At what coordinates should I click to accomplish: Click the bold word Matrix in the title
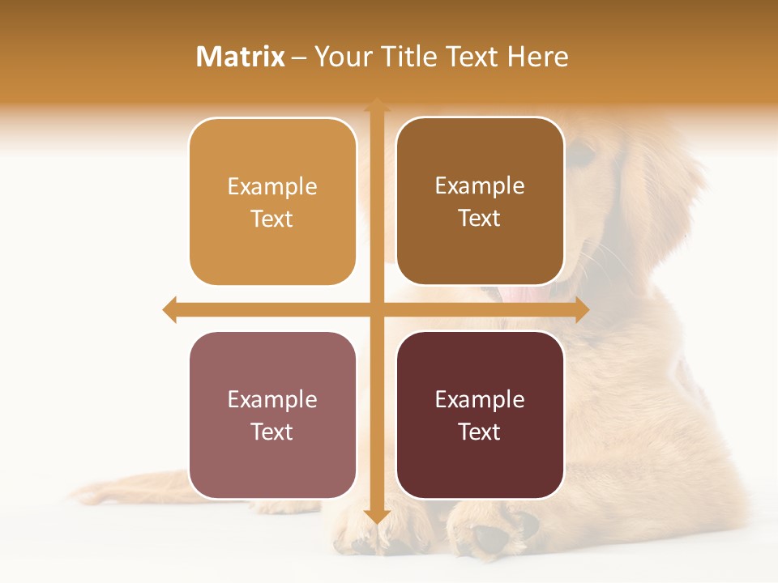[x=241, y=57]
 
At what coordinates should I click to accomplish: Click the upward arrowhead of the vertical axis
[x=376, y=106]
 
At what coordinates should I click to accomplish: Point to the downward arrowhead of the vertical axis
[x=376, y=516]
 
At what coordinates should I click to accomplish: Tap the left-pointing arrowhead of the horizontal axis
[x=170, y=309]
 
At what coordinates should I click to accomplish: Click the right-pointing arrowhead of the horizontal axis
[x=581, y=309]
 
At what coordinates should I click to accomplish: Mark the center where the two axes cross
[x=376, y=309]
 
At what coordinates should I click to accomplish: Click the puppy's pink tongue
[x=525, y=293]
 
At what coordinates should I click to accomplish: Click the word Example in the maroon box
[x=480, y=399]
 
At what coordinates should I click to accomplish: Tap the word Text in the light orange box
[x=272, y=219]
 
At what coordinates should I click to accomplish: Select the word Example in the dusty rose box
[x=272, y=399]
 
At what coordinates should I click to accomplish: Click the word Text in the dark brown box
[x=480, y=218]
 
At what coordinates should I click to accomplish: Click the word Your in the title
[x=340, y=57]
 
